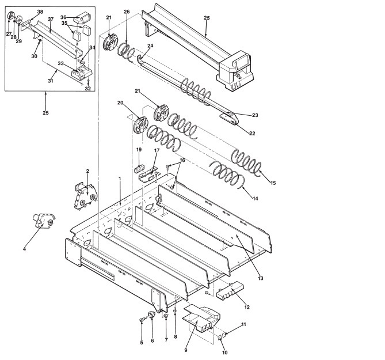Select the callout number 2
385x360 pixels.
click(87, 171)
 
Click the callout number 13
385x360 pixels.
click(261, 278)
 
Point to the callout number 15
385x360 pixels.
click(273, 183)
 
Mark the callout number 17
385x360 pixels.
click(156, 151)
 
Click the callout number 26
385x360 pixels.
click(127, 12)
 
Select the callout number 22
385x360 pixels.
click(252, 133)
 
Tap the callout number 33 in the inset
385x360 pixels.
click(60, 63)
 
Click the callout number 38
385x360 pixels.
click(40, 12)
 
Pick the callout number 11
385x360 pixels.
click(243, 325)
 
